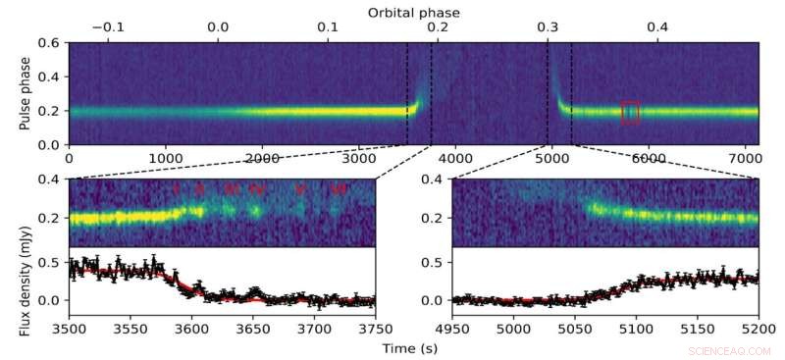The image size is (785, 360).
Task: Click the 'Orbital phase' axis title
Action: click(413, 12)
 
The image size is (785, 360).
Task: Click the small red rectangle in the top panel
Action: click(630, 113)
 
